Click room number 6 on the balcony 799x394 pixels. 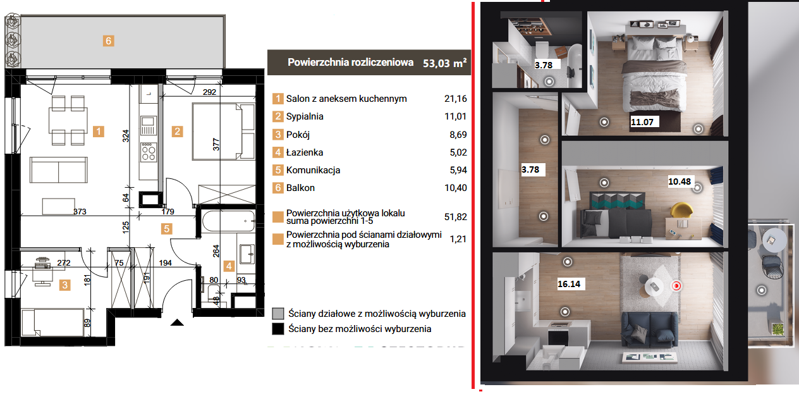(109, 41)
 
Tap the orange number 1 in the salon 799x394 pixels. (99, 132)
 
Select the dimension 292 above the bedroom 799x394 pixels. (209, 92)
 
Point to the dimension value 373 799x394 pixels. (80, 212)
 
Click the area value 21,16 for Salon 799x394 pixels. (456, 99)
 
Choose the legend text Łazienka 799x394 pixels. (305, 152)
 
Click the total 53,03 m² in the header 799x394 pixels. (444, 63)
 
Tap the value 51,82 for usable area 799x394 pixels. (456, 217)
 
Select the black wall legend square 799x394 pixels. (278, 329)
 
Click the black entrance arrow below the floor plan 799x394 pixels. (177, 323)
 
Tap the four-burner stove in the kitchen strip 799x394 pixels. (149, 152)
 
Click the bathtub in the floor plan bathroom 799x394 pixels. (229, 221)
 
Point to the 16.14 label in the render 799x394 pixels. (569, 284)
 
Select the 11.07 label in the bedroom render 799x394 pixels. (642, 122)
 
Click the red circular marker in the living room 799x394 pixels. (676, 286)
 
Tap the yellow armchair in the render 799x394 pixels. (681, 210)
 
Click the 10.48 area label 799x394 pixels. (680, 182)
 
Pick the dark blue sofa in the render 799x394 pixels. (650, 329)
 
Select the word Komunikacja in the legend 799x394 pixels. (313, 170)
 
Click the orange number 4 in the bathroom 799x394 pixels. (229, 266)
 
